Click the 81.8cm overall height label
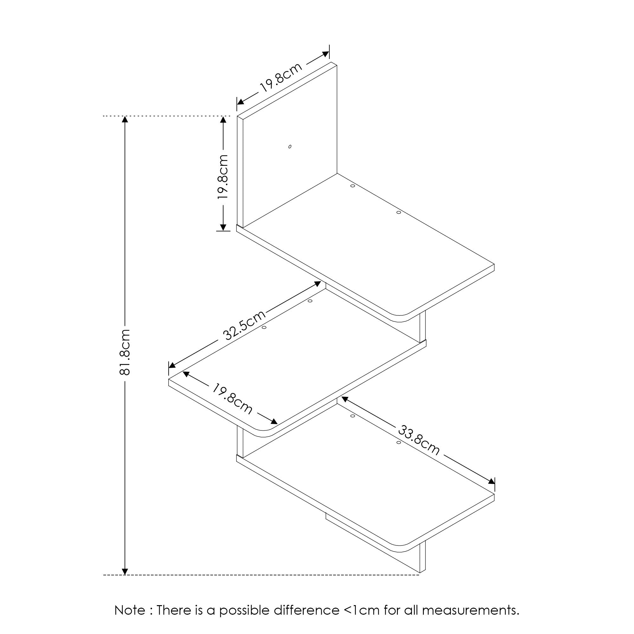point(125,352)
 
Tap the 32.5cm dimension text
point(244,325)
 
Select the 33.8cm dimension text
point(419,440)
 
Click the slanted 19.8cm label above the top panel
point(281,77)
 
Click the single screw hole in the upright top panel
point(290,147)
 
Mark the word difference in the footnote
point(307,610)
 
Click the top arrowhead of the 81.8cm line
point(125,120)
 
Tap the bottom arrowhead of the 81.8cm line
point(125,571)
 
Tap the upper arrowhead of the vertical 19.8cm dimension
point(223,120)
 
